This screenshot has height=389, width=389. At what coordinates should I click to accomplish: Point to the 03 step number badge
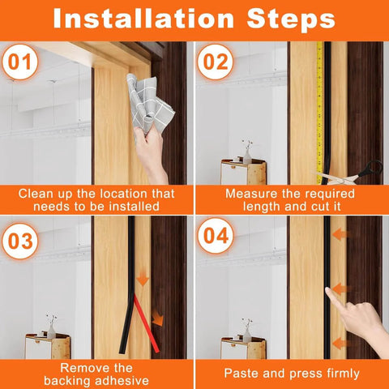(19, 242)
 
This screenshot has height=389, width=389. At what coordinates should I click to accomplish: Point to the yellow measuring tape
(319, 105)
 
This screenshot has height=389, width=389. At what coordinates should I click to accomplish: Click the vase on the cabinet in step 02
(246, 153)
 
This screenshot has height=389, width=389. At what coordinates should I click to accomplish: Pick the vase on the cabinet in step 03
(50, 326)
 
